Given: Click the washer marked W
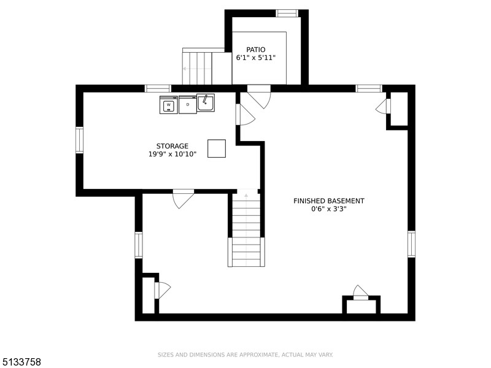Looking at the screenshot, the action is tap(169, 104).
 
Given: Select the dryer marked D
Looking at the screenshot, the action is tap(188, 104).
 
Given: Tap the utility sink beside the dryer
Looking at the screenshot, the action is tap(206, 102).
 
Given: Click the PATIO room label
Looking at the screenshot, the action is tap(255, 50).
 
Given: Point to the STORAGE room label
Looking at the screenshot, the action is tap(172, 146).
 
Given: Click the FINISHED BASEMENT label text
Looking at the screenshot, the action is tap(329, 201).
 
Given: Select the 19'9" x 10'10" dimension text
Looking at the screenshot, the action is tap(172, 154).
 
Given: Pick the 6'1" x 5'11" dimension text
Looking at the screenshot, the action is tap(255, 58).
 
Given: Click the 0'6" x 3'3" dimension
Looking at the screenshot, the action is tap(329, 209).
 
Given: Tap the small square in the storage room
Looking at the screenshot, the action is tap(217, 148).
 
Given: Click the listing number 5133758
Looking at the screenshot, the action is tap(20, 362).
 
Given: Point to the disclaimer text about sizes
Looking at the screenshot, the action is tap(245, 355).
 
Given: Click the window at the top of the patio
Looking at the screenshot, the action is tap(287, 13).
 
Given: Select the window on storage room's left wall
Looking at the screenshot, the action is tap(80, 140).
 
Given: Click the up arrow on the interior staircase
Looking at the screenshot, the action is tap(247, 196).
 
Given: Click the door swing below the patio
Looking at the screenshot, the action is tap(259, 97).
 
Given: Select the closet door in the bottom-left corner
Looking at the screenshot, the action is tap(162, 289).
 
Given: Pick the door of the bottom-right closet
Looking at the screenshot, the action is tap(361, 293).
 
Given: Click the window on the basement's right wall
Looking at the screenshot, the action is tap(411, 244).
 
